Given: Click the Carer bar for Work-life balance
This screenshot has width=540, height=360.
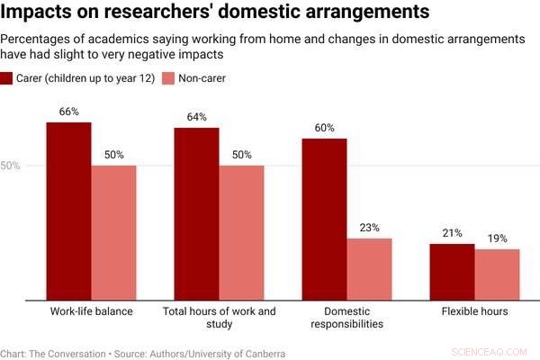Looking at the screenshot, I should [69, 211].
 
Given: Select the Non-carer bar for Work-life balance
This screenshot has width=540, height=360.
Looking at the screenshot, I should [114, 232].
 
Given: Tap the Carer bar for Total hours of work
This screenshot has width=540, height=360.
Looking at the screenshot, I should [197, 213].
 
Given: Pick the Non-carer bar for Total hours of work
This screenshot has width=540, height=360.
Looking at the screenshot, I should [242, 232].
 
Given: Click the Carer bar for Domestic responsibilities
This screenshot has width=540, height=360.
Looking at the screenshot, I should [324, 219].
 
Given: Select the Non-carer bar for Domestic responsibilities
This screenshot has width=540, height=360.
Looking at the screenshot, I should [370, 268].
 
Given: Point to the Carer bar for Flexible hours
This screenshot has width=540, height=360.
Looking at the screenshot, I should [452, 271].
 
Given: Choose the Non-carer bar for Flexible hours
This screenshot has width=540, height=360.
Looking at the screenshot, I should [498, 274].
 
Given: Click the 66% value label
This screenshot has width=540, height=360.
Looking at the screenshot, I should [69, 112].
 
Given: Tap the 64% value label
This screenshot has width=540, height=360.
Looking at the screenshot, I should [197, 117].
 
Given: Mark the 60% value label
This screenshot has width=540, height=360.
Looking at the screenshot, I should [324, 128].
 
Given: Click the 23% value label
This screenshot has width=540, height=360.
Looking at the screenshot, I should [370, 228].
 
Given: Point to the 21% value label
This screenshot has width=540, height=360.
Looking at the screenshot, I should [452, 233].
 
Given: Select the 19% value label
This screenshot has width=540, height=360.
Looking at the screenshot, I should [498, 238].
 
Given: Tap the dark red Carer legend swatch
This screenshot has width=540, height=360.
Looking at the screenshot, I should [6, 79].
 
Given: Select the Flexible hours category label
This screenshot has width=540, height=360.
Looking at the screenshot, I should [474, 311].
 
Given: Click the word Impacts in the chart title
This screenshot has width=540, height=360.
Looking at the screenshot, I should [36, 13].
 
